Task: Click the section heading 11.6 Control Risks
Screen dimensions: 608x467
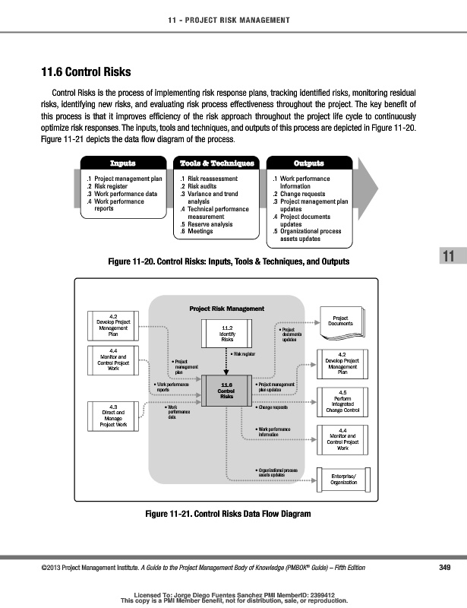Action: [x=86, y=73]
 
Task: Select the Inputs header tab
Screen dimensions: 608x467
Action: [x=122, y=163]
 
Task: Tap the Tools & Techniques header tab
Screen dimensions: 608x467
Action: [x=216, y=163]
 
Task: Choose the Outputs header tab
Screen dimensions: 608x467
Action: [x=308, y=163]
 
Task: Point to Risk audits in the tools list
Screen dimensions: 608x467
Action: [x=202, y=185]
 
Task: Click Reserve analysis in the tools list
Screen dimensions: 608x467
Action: [x=207, y=224]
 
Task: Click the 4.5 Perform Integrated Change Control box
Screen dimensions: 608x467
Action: [x=342, y=401]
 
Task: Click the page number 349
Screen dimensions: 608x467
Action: [x=445, y=568]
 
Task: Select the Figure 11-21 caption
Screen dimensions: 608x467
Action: [x=228, y=515]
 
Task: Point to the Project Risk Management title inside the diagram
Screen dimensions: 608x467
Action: [x=226, y=309]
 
